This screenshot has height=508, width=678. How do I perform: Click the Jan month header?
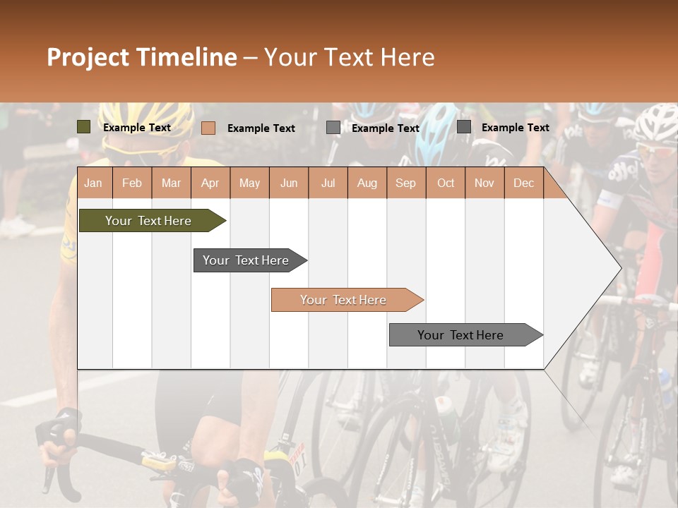tap(93, 183)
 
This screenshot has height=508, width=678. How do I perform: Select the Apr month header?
tap(210, 183)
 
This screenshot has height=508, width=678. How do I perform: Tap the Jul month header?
tap(328, 183)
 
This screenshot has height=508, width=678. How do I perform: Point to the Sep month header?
tap(405, 183)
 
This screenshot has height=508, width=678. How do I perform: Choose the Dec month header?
tap(523, 183)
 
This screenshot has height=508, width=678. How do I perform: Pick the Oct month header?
tap(445, 183)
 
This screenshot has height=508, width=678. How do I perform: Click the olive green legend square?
tap(83, 127)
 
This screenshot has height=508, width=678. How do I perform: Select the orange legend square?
tap(208, 128)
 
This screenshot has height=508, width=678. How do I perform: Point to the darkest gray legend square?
tap(463, 127)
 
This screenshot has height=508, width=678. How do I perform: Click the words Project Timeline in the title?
tap(141, 57)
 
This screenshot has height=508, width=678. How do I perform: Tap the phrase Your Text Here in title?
tap(349, 57)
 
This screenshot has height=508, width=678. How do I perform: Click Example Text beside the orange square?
tap(261, 128)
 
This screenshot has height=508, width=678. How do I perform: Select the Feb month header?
tap(132, 183)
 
